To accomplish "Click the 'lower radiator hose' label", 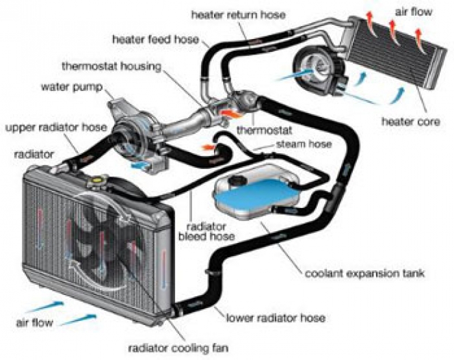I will click(x=274, y=318).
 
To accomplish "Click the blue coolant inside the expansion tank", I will click(x=246, y=199).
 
